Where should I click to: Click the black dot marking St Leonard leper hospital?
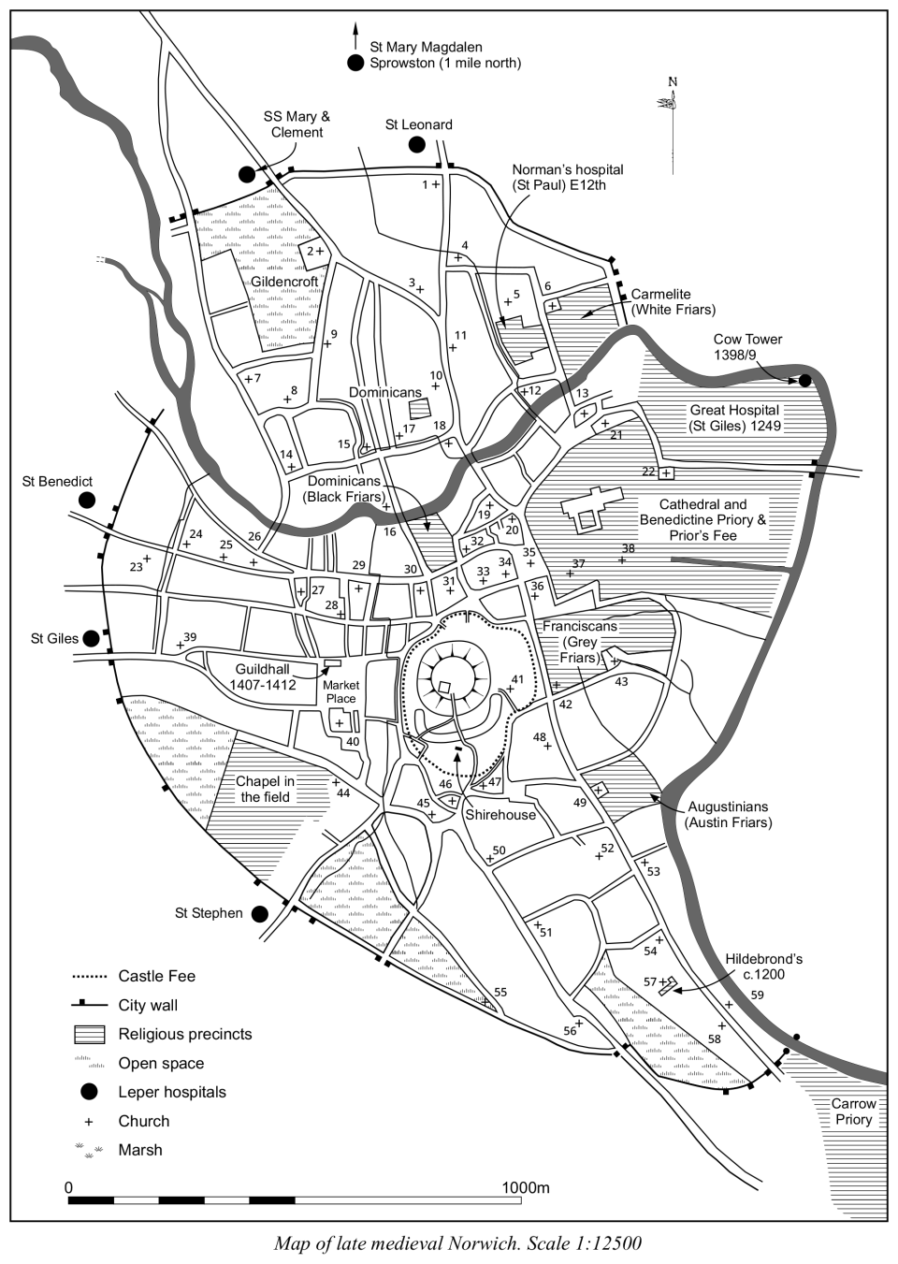(416, 144)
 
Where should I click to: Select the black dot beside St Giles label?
(91, 638)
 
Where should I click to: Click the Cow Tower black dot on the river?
(804, 381)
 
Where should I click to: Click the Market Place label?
(340, 692)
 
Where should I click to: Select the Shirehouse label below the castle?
(500, 814)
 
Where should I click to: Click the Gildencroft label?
(284, 282)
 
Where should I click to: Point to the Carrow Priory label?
(853, 1111)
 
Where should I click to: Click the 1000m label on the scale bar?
(526, 1188)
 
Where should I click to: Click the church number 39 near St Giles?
(190, 637)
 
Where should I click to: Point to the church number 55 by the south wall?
(500, 992)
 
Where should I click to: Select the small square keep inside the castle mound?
(445, 688)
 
